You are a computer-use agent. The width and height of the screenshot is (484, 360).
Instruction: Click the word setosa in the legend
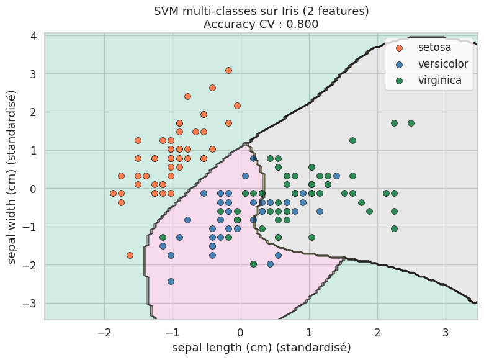tap(434, 47)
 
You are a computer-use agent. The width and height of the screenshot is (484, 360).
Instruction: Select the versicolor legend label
tap(443, 64)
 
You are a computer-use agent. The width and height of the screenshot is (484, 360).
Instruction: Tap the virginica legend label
tap(440, 80)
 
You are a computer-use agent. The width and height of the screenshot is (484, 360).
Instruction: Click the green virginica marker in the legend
tap(399, 81)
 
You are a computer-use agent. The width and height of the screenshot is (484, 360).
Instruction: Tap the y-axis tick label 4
tap(34, 36)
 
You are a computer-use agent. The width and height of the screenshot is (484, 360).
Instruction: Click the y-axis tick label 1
tap(34, 150)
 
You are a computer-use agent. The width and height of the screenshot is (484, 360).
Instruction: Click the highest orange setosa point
tap(228, 71)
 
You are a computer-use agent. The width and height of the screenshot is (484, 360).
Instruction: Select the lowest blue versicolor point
tap(171, 281)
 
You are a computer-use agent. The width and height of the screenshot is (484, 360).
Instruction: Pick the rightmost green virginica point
tap(411, 123)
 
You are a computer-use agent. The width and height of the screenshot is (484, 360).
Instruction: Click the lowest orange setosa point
tap(130, 255)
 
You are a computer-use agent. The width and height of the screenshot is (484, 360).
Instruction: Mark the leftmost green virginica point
tap(163, 237)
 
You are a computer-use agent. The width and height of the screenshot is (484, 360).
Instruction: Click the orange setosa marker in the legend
tap(399, 48)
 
